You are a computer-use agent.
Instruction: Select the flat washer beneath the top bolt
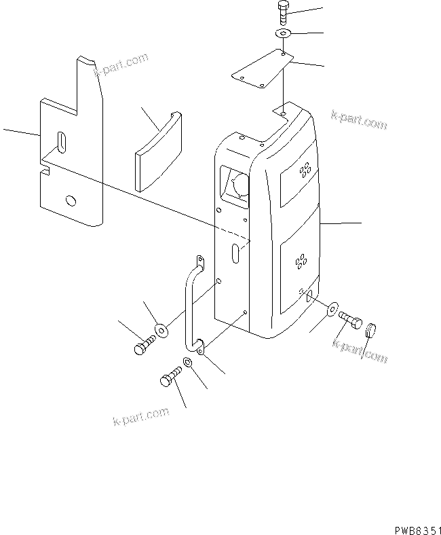click(x=283, y=33)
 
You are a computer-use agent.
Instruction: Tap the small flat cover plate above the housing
click(x=261, y=69)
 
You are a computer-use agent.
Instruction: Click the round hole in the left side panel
click(x=70, y=201)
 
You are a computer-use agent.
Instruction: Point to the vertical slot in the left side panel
click(x=62, y=145)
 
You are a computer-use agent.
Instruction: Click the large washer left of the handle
click(x=161, y=330)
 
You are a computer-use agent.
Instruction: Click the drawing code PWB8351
click(x=415, y=528)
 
